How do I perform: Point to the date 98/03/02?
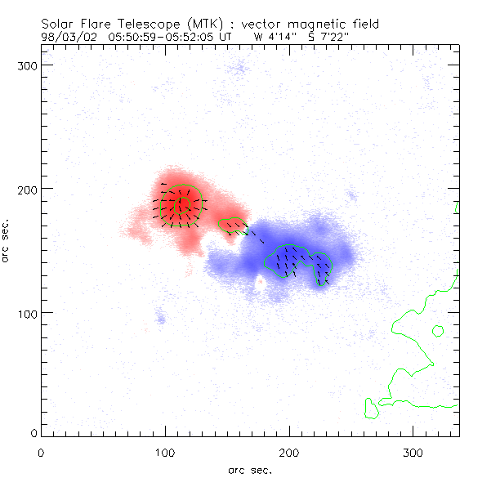pos(67,36)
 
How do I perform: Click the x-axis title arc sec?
pos(250,470)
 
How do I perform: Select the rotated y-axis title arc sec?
pos(7,240)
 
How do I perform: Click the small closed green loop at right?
pos(438,331)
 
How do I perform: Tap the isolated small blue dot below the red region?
pos(161,319)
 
